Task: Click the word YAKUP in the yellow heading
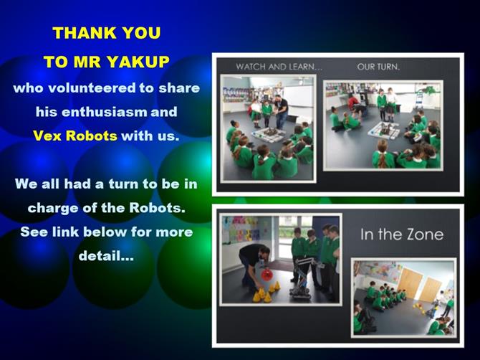coord(138,62)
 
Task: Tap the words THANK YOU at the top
coord(107,33)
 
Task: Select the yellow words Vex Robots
coord(75,136)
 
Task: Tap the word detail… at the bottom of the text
coord(106,255)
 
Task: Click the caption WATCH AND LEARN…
coord(279,67)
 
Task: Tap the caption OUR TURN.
coord(378,67)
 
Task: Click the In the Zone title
coord(402,235)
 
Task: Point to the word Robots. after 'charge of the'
coord(158,208)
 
